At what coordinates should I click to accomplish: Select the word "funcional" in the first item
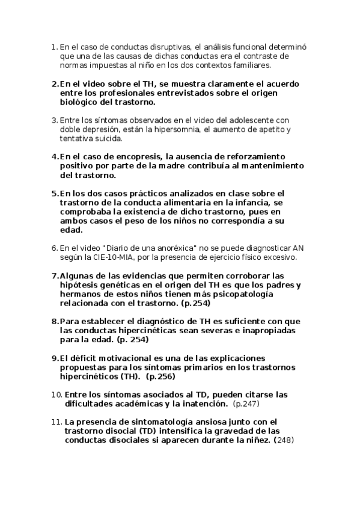[x=245, y=47]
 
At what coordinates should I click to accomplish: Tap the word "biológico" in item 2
[x=79, y=102]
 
